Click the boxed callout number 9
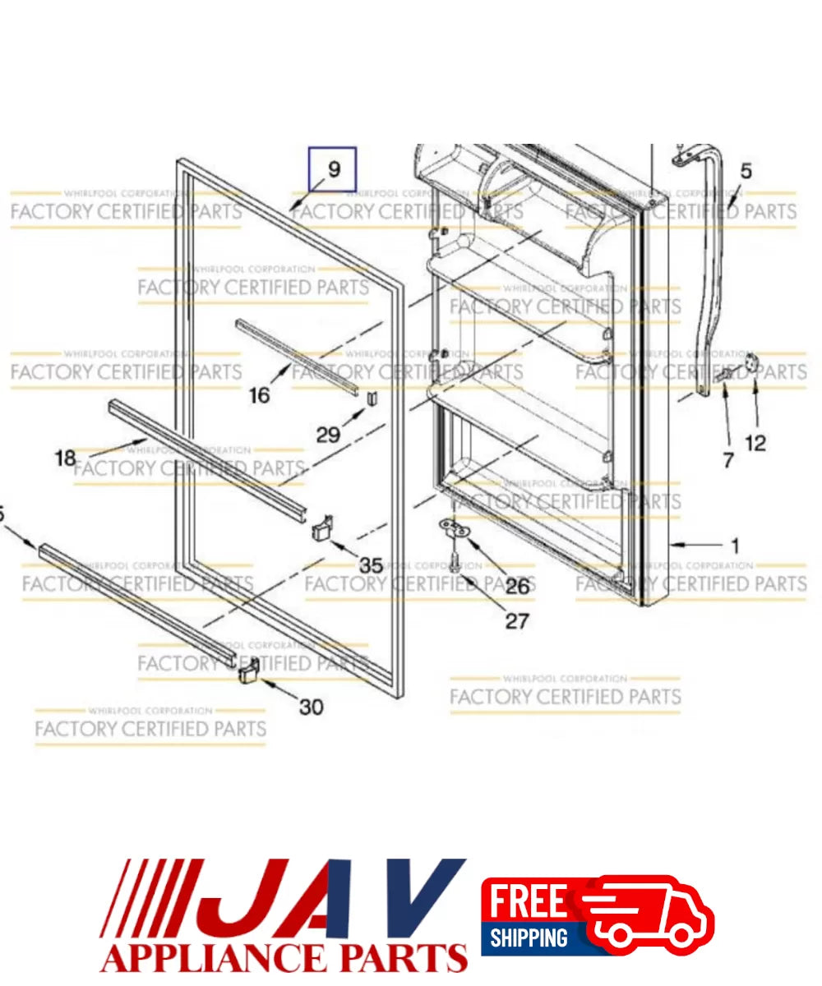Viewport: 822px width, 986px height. click(x=333, y=169)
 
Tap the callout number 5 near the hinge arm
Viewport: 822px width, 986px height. click(x=746, y=172)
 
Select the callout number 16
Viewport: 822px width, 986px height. click(x=259, y=395)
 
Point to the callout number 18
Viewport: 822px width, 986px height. click(x=65, y=458)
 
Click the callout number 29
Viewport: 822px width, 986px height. click(x=328, y=434)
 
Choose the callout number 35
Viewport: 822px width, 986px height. click(x=371, y=565)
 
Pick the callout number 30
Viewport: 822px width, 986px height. click(x=310, y=706)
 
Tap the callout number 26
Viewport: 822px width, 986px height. click(x=517, y=587)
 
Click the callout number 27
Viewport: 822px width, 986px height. click(x=517, y=620)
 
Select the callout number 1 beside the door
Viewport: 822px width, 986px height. click(x=734, y=545)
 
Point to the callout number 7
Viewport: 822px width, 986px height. click(x=727, y=461)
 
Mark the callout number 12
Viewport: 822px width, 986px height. click(x=755, y=444)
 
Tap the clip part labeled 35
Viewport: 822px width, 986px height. click(x=322, y=527)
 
